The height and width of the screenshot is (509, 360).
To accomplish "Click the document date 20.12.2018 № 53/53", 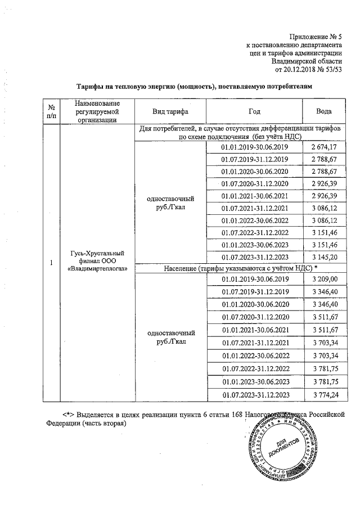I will click(x=308, y=69).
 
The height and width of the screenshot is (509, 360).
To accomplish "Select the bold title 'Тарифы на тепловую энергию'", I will click(x=193, y=87).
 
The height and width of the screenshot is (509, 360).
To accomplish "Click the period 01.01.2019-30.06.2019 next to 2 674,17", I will click(x=255, y=147).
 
